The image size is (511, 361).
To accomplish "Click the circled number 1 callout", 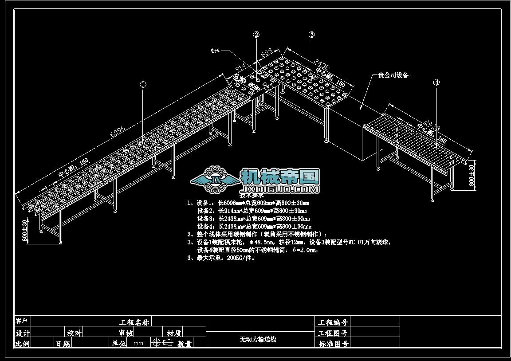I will pyautogui.click(x=143, y=84).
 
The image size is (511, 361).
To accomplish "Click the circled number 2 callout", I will pyautogui.click(x=256, y=35).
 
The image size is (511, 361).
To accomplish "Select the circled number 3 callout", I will pyautogui.click(x=312, y=35).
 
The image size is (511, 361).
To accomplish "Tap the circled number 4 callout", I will pyautogui.click(x=436, y=82).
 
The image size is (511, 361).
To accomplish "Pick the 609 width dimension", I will pyautogui.click(x=267, y=53).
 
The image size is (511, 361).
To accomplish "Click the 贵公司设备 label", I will pyautogui.click(x=393, y=75).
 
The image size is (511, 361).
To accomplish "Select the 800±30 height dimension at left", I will pyautogui.click(x=25, y=231).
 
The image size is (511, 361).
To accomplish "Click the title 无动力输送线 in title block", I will pyautogui.click(x=258, y=339).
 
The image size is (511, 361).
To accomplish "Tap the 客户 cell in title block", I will pyautogui.click(x=22, y=321).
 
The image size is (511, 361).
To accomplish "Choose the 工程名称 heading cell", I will pyautogui.click(x=134, y=322).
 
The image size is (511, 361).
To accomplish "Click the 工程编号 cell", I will pyautogui.click(x=333, y=322).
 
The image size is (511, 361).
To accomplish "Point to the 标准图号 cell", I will pyautogui.click(x=333, y=343).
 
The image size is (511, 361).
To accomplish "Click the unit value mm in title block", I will pyautogui.click(x=138, y=343).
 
